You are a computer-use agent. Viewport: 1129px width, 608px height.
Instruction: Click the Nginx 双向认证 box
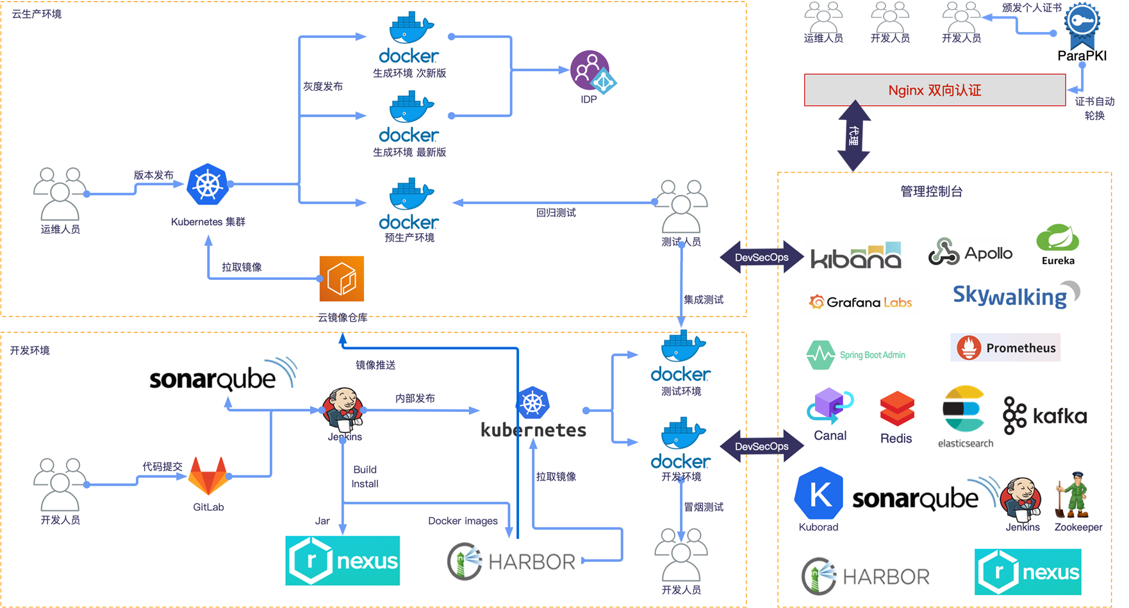[934, 90]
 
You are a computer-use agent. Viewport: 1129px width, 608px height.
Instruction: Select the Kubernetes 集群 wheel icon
[208, 185]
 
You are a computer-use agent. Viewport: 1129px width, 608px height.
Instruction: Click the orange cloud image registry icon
[342, 279]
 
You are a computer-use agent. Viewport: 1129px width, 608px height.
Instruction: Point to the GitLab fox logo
[209, 475]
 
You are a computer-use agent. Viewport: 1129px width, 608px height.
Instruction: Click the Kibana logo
[856, 256]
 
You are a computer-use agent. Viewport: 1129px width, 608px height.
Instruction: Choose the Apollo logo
[971, 253]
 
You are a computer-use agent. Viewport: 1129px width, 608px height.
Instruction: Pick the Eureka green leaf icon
[1058, 238]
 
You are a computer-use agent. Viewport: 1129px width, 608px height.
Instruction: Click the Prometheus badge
[1005, 348]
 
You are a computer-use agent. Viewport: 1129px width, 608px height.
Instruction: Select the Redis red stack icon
[896, 409]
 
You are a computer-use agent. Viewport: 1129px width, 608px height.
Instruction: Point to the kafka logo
[1045, 416]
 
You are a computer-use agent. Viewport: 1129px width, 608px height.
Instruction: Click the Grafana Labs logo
[860, 302]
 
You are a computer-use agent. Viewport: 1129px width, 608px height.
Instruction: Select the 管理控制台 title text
[931, 192]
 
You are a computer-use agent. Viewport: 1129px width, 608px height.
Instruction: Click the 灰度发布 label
[323, 86]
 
